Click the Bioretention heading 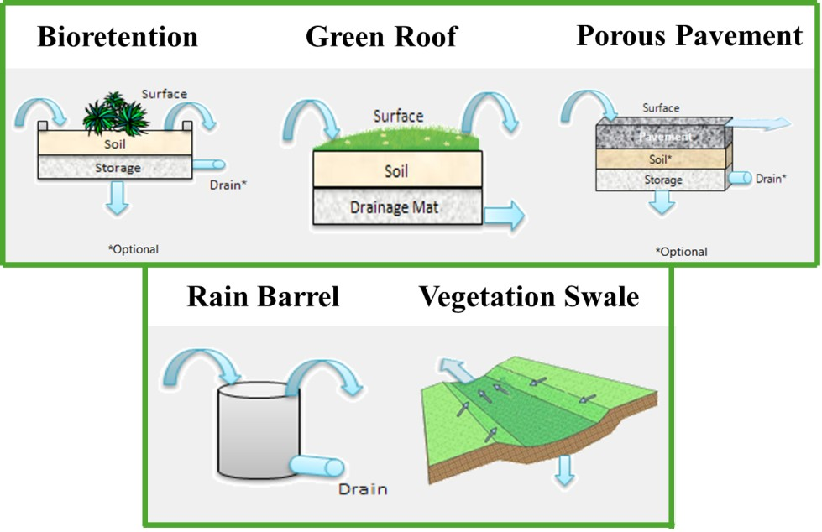tap(118, 37)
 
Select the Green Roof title tap(381, 37)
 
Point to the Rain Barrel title tap(263, 296)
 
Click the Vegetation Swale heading tap(529, 296)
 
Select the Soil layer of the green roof tap(396, 170)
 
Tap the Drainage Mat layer tap(396, 206)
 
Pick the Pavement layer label tap(664, 136)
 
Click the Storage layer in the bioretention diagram tap(117, 168)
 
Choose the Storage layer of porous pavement tap(663, 180)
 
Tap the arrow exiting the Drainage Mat tap(504, 215)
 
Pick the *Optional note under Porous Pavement tap(681, 252)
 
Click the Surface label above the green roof tap(398, 116)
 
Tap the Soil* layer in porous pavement tap(663, 157)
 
